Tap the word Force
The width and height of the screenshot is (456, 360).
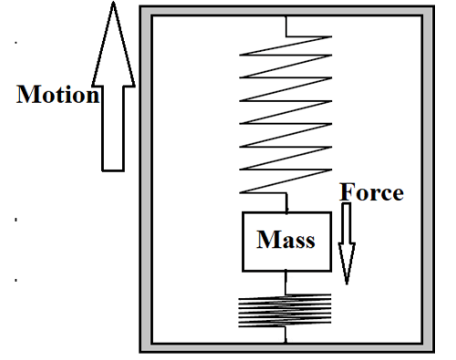click(371, 192)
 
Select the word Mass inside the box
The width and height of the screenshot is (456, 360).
click(285, 242)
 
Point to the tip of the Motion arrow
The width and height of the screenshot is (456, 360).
click(112, 5)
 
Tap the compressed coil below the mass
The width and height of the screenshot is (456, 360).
click(285, 312)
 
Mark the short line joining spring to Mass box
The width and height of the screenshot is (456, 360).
click(285, 202)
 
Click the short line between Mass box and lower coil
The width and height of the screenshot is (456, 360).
click(285, 283)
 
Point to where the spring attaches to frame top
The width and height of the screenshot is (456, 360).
click(285, 15)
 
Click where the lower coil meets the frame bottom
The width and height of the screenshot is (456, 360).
click(285, 336)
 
